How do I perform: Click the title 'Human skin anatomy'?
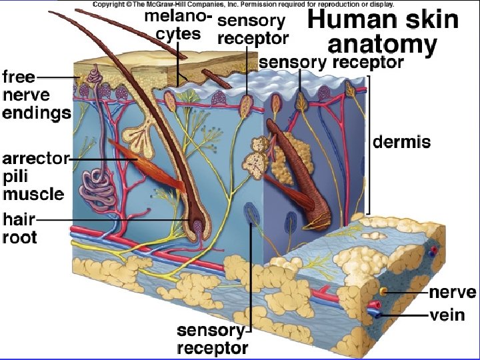tap(382, 32)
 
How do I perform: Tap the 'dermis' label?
tap(401, 142)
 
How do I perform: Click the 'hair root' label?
tap(20, 227)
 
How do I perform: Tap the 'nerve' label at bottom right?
tap(452, 293)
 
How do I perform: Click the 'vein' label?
tap(447, 314)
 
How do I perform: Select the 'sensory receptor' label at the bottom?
tap(213, 339)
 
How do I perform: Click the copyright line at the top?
tap(243, 5)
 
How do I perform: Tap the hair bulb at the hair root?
tap(199, 226)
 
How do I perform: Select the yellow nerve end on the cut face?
tap(383, 291)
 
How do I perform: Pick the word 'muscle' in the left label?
tap(33, 194)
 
